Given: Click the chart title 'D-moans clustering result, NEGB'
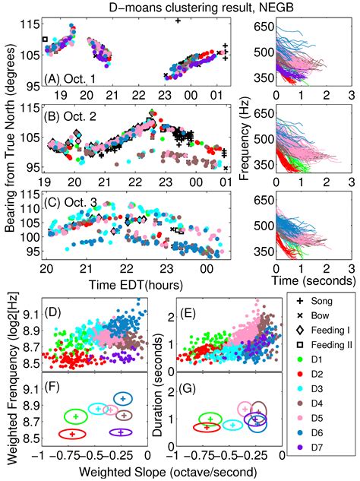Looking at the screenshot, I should click(x=180, y=8).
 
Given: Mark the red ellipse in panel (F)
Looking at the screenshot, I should click(x=73, y=433).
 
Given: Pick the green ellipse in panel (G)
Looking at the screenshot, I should click(x=209, y=418).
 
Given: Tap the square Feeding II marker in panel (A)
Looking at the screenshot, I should click(x=45, y=38).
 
